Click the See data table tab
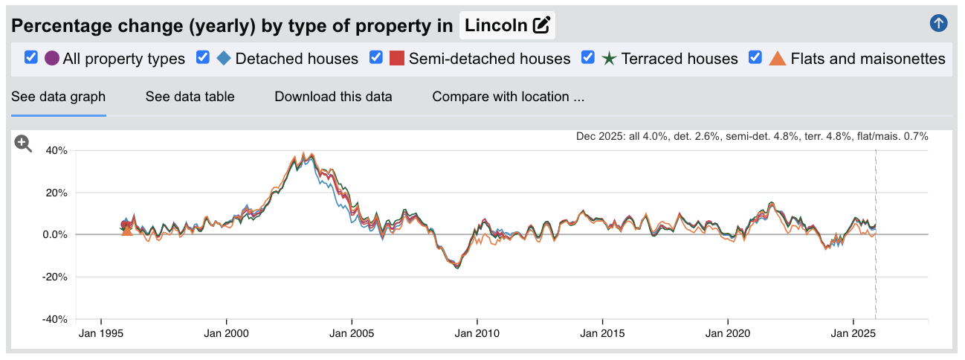(190, 97)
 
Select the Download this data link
(333, 97)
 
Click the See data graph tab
(58, 97)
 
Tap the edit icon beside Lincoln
(541, 26)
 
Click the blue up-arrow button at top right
(938, 23)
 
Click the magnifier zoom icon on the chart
(23, 144)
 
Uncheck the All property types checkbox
(31, 58)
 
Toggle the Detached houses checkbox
(203, 58)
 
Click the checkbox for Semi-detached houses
(376, 58)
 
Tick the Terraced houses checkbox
(588, 58)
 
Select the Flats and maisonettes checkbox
(755, 58)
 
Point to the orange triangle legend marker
(777, 58)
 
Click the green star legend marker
(609, 58)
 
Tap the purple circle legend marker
(52, 58)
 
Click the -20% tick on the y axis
(54, 277)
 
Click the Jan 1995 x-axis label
(100, 334)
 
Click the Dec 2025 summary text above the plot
(752, 137)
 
